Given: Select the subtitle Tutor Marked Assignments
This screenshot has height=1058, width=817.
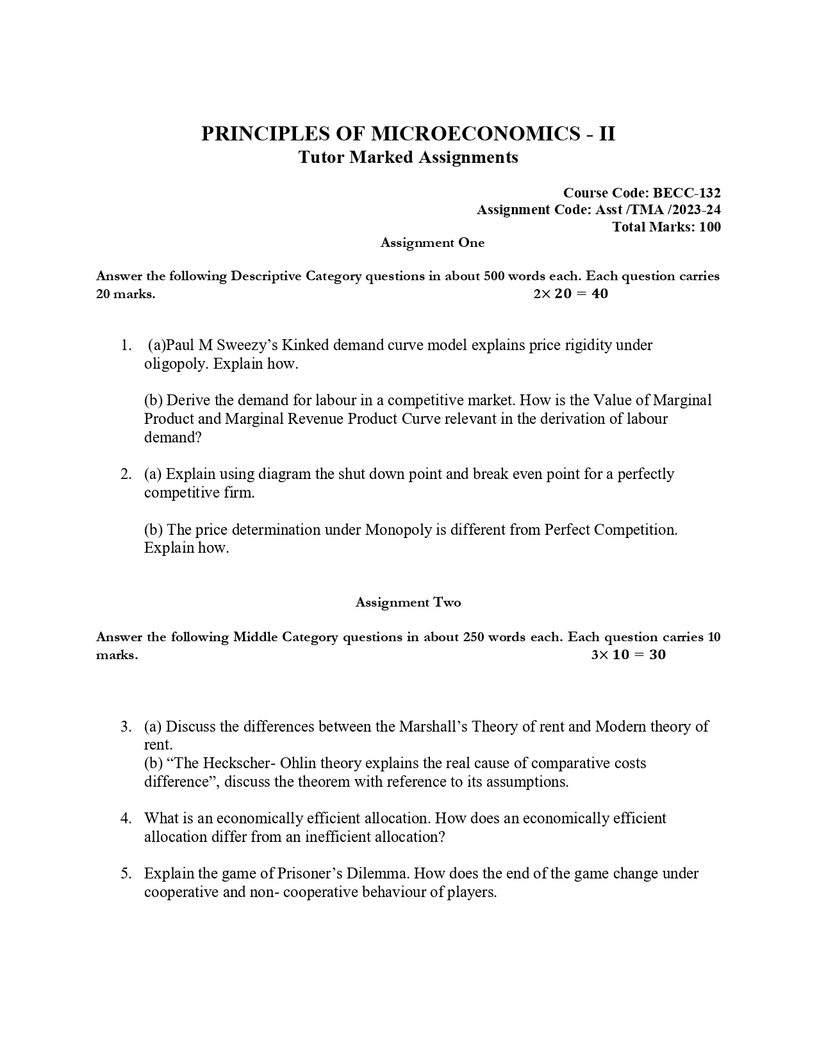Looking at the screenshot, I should pyautogui.click(x=408, y=157).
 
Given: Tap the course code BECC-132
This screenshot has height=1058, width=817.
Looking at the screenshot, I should pyautogui.click(x=687, y=193).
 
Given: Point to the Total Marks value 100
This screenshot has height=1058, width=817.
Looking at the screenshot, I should pyautogui.click(x=709, y=227).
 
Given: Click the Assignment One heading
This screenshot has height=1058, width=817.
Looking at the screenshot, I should pyautogui.click(x=433, y=243).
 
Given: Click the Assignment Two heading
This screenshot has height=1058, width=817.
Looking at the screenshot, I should pyautogui.click(x=408, y=603).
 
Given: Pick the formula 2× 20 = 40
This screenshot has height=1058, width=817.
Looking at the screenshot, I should pyautogui.click(x=570, y=294).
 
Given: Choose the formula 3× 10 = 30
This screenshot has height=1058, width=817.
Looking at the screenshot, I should pyautogui.click(x=628, y=655).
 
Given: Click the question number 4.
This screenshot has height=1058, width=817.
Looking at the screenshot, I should pyautogui.click(x=126, y=818).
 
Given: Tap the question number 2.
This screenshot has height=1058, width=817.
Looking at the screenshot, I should pyautogui.click(x=126, y=474).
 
